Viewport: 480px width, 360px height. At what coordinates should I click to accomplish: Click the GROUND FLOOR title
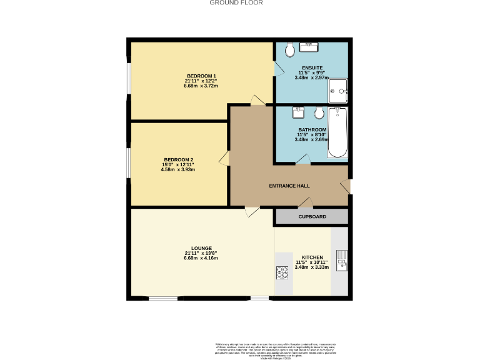coord(236,2)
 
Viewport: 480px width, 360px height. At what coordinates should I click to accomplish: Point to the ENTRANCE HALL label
coord(289,186)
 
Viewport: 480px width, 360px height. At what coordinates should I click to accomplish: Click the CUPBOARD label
coord(312,216)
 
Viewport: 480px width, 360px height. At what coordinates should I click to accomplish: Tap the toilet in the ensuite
coord(289,49)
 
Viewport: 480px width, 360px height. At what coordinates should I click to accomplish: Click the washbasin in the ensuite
coord(309,47)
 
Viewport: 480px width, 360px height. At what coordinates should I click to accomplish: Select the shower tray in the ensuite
coord(338,91)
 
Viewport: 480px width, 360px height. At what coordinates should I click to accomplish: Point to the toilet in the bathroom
coord(319,113)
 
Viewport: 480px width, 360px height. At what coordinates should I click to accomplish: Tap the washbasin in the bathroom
coord(299,112)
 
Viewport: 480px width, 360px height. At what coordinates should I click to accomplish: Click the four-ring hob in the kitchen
coord(282,272)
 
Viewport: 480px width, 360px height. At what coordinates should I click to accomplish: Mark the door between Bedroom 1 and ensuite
coord(278,68)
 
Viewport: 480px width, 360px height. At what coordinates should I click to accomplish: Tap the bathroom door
coord(301,160)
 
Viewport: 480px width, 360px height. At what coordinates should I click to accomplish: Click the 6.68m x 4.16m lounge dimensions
coord(201,257)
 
